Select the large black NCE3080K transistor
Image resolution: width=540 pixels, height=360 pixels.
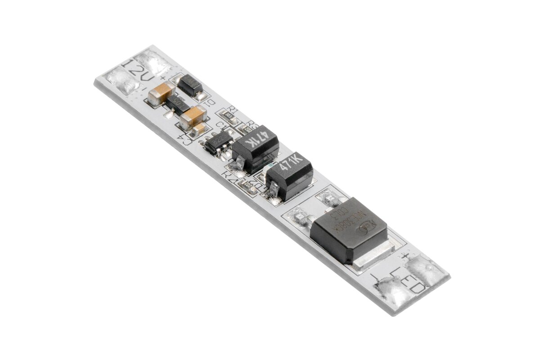348,229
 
